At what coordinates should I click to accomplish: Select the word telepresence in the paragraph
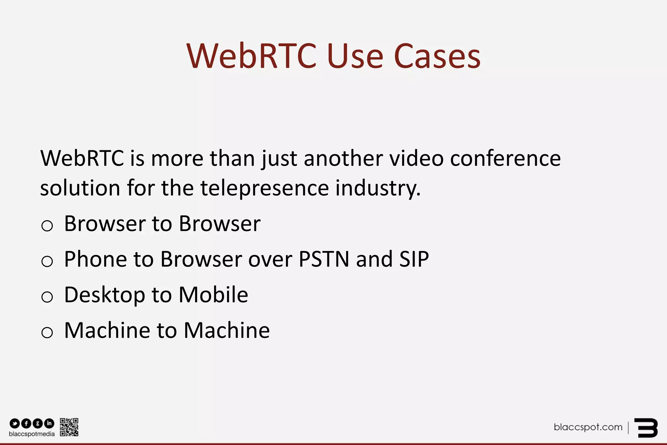pos(264,188)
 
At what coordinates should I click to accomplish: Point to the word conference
pos(505,158)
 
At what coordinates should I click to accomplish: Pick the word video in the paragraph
pos(417,158)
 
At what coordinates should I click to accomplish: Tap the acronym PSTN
pos(324,260)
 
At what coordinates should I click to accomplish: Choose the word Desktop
pos(105,295)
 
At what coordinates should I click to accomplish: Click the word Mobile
pos(213,295)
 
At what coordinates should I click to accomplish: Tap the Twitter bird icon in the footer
pos(15,423)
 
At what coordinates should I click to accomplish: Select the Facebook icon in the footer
pos(26,423)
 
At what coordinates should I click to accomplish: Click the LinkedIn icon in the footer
pos(49,423)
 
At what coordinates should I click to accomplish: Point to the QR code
pos(69,427)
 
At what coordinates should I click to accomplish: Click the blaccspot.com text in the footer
pos(588,427)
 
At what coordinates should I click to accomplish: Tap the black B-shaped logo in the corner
pos(646,427)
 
